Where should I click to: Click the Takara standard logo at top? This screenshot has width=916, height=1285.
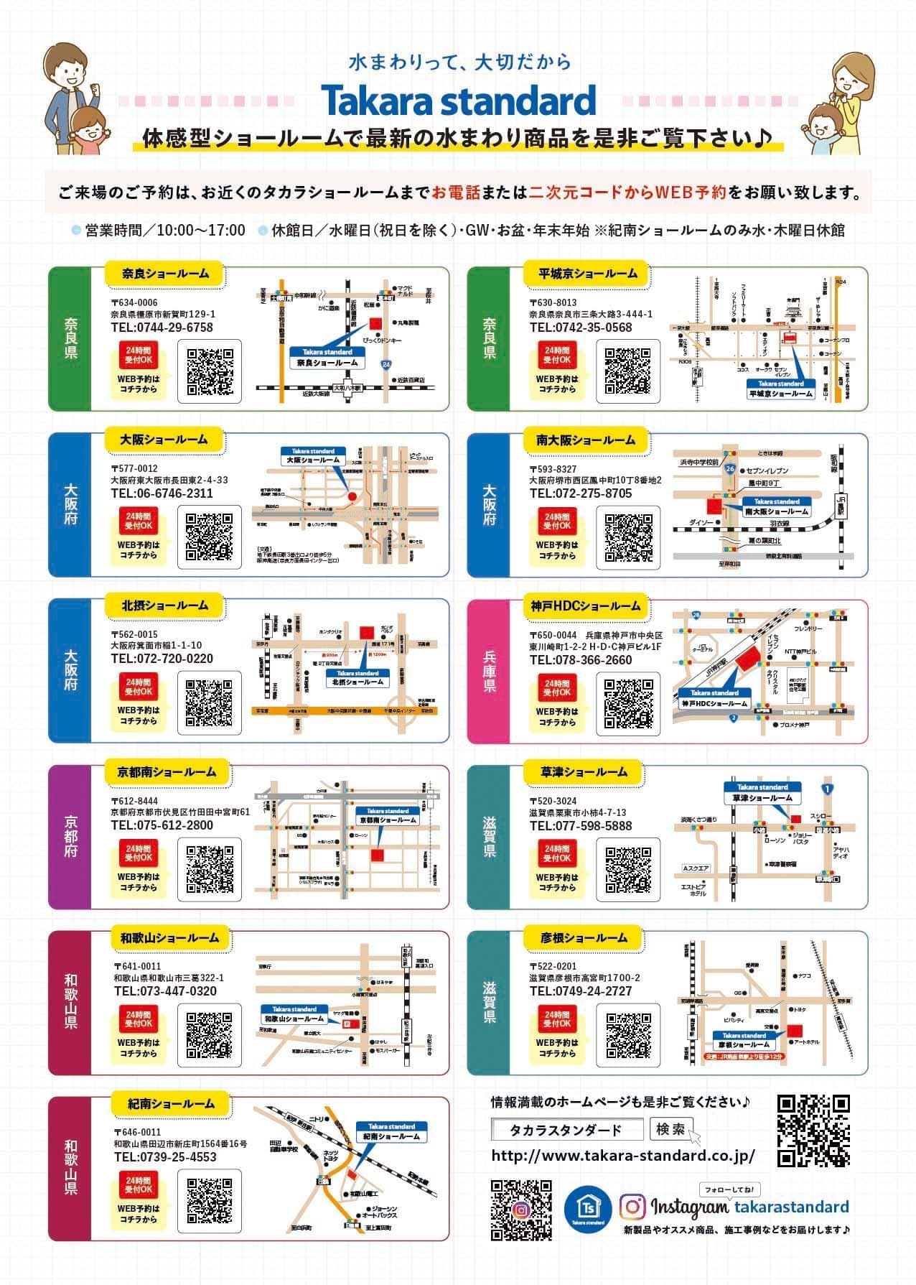(458, 101)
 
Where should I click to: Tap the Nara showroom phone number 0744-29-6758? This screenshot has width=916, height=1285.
(162, 328)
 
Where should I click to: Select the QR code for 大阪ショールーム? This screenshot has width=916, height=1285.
(210, 537)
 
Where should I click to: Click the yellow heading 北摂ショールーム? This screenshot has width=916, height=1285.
(164, 606)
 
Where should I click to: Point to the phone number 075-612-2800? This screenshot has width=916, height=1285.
(162, 825)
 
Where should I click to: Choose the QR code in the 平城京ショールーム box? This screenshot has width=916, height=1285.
(628, 371)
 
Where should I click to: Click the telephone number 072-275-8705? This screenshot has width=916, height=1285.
(580, 493)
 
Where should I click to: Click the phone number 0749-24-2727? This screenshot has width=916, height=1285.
(580, 991)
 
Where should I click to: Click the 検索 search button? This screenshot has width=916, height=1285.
(670, 1130)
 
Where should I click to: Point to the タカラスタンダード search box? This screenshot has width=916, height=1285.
(567, 1131)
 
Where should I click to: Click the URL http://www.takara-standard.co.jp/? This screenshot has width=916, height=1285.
(622, 1156)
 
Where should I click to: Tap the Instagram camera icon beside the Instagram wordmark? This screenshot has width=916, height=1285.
(632, 1206)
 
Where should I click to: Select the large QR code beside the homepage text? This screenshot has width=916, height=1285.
(814, 1131)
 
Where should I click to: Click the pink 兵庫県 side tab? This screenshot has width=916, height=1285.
(489, 672)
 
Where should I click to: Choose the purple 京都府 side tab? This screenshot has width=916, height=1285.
(70, 837)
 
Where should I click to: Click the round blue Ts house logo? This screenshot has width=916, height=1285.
(588, 1207)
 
